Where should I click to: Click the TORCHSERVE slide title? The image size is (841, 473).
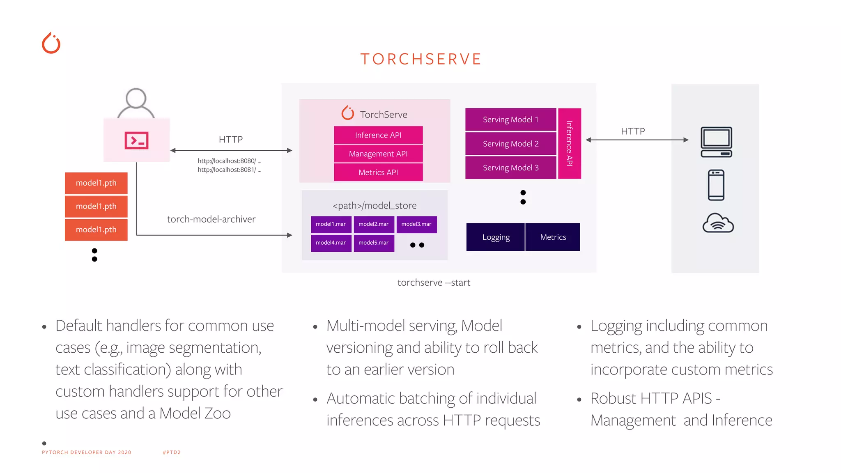[x=420, y=59]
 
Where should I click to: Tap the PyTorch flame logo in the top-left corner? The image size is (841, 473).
[x=51, y=43]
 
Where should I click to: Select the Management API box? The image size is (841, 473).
[x=378, y=154]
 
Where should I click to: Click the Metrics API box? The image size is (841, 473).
[x=378, y=172]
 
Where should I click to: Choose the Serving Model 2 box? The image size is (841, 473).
[x=510, y=144]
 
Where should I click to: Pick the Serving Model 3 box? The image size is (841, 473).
[x=510, y=168]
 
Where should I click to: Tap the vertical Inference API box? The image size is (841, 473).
[x=570, y=143]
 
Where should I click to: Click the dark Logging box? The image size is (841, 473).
[x=496, y=237]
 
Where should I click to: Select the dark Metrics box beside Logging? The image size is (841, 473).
[x=553, y=237]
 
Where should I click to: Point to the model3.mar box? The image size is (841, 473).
[x=416, y=224]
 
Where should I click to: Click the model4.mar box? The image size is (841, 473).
[x=331, y=243]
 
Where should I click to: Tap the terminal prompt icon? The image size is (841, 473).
[x=136, y=140]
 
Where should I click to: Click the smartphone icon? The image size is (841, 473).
[x=716, y=185]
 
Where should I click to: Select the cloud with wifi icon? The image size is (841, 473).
[x=718, y=223]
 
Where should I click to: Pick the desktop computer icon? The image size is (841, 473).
[x=716, y=142]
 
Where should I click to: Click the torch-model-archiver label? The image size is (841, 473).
[x=211, y=219]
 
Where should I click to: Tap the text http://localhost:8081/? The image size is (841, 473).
[x=229, y=170]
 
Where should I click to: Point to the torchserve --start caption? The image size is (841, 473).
[x=434, y=282]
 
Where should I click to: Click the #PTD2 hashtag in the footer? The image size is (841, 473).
[x=172, y=452]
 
